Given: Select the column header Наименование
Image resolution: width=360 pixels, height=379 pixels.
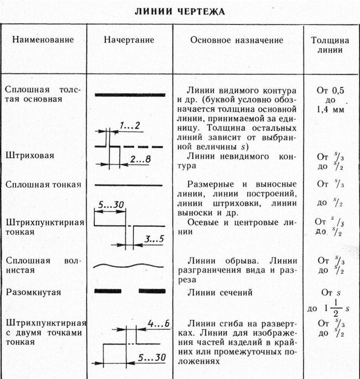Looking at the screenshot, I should (x=43, y=40).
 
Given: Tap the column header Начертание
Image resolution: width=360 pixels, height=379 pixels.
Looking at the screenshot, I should (x=129, y=40).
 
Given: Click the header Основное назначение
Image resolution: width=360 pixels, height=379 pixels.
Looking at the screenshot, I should (x=237, y=40).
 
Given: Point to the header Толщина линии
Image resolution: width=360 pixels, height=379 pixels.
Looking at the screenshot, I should (x=330, y=45).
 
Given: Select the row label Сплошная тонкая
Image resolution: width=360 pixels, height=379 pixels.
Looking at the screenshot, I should (x=43, y=185).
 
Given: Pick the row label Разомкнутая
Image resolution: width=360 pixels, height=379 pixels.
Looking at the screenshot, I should (x=33, y=292).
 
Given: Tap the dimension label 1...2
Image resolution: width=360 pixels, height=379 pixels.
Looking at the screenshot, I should (x=130, y=126).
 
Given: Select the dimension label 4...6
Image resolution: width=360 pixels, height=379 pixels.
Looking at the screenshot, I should (x=158, y=324).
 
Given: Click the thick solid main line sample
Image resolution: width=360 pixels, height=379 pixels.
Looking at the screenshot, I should (x=130, y=95).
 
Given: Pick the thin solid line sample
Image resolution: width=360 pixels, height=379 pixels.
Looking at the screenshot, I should (x=130, y=185).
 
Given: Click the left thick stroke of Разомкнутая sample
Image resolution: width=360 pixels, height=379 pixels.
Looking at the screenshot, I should (x=107, y=291).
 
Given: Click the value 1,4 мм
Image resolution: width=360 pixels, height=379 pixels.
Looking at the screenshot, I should (x=330, y=110).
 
